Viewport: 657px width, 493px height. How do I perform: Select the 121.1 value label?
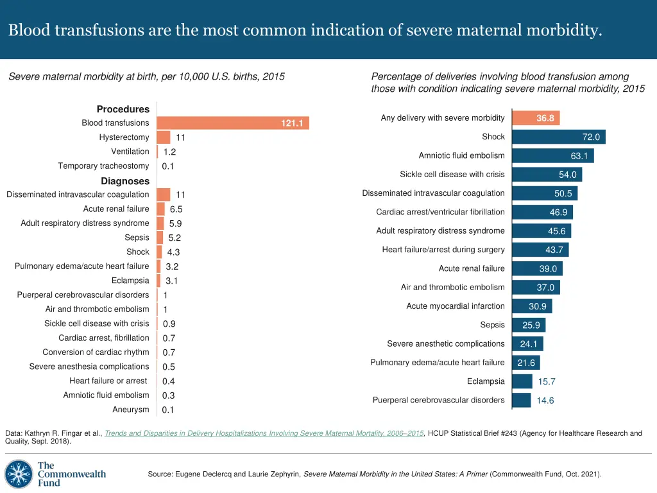tap(292, 123)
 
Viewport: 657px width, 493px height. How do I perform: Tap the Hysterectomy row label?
tap(124, 137)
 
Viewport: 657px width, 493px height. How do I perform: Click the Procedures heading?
tap(123, 109)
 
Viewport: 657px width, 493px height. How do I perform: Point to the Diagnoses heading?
tap(125, 181)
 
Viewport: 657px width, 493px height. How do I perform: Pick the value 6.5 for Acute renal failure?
tap(176, 209)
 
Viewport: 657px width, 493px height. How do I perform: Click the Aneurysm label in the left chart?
tap(130, 410)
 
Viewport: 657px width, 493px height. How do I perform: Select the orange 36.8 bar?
tap(536, 118)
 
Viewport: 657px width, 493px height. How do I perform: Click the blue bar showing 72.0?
tap(558, 137)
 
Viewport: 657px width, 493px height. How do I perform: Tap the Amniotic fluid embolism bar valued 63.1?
tap(552, 156)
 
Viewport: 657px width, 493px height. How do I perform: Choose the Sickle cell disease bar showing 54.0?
tap(547, 175)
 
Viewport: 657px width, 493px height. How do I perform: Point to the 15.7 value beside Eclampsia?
tap(547, 381)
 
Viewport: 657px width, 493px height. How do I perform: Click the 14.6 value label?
tap(545, 401)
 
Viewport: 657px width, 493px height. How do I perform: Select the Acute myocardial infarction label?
tap(456, 306)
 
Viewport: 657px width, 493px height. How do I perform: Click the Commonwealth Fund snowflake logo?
tap(19, 474)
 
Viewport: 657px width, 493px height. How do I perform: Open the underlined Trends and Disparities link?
tap(264, 433)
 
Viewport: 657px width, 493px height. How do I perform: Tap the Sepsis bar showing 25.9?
tap(529, 325)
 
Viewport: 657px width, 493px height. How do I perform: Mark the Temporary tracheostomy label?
tap(103, 166)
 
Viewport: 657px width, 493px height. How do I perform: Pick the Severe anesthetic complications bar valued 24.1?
tap(527, 344)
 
